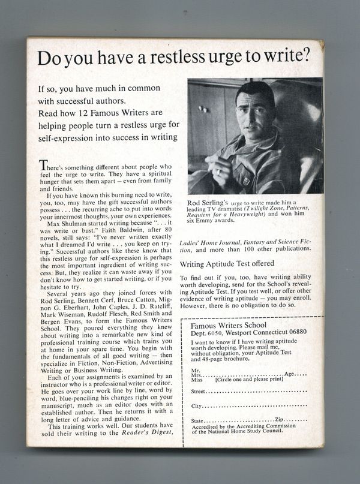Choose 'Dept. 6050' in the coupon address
point(206,333)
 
